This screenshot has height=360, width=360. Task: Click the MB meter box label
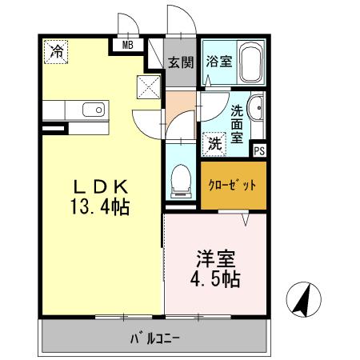(128, 45)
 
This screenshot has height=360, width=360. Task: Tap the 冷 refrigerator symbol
(56, 52)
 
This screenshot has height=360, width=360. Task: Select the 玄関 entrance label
(181, 62)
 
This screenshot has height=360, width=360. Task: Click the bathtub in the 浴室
(250, 62)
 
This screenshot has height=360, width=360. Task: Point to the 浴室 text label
(218, 62)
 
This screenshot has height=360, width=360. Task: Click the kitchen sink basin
(94, 110)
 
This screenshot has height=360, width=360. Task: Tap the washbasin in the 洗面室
(256, 107)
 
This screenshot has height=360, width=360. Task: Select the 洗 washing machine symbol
(214, 144)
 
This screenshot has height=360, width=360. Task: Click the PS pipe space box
(259, 151)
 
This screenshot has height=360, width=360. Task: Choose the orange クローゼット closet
(234, 186)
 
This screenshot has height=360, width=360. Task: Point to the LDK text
(101, 187)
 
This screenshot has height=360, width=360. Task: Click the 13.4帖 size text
(100, 206)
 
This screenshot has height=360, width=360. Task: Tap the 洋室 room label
(216, 258)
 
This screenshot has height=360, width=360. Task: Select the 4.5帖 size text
(215, 279)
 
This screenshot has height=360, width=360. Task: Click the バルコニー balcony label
(155, 338)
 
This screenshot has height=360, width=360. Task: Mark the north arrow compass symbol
(304, 299)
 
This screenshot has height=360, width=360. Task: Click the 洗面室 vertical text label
(237, 124)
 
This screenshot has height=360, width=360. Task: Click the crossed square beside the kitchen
(149, 87)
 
